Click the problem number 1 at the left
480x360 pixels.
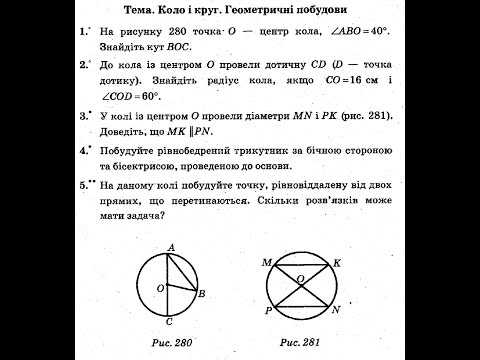click(84, 32)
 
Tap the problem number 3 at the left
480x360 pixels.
click(84, 117)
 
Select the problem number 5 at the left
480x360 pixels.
click(84, 186)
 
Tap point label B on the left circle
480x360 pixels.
click(202, 294)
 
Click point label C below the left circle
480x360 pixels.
click(171, 322)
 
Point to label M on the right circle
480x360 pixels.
click(267, 262)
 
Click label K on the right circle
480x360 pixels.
click(337, 262)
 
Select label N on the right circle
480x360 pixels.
click(335, 310)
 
